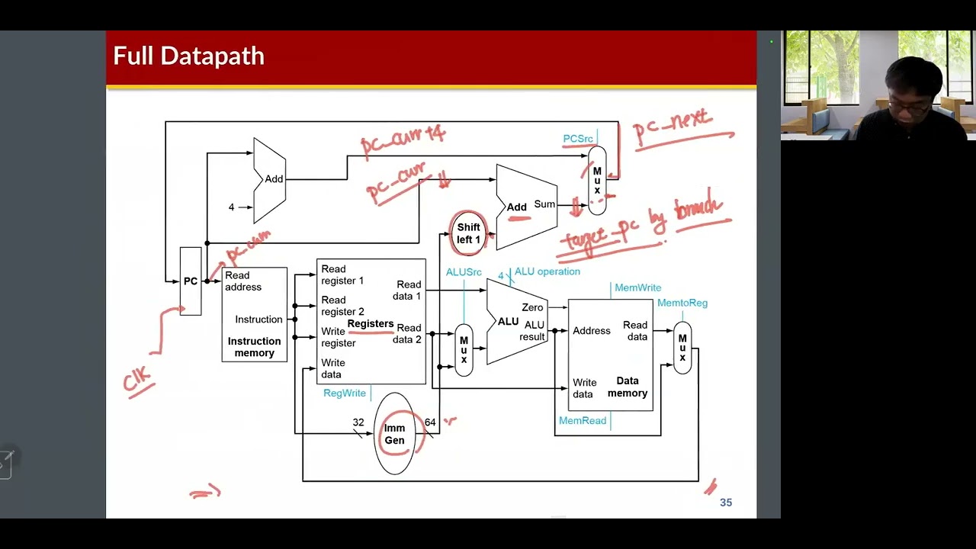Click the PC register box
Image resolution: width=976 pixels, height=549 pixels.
[x=191, y=281]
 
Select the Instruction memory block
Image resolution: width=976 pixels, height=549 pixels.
[x=254, y=314]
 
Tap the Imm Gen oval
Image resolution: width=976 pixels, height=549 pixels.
[x=394, y=434]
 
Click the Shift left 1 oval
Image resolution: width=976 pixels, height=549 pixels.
[x=468, y=233]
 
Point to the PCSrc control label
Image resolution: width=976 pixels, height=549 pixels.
[x=577, y=139]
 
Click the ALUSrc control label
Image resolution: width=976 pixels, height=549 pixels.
[x=464, y=272]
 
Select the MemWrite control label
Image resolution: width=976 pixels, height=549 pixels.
[x=637, y=287]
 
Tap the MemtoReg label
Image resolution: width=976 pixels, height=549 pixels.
[x=682, y=303]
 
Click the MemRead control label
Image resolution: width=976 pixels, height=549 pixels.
[x=583, y=420]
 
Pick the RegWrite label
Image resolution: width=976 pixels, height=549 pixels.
[x=345, y=393]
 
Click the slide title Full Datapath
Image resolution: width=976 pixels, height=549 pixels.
[x=188, y=56]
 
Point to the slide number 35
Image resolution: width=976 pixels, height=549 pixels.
[x=726, y=502]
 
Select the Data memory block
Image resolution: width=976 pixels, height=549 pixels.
[x=610, y=355]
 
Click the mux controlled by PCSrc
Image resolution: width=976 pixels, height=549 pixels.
[x=597, y=180]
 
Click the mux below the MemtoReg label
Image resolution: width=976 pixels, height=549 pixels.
[x=682, y=348]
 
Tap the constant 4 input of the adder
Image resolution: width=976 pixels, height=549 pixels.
[x=232, y=207]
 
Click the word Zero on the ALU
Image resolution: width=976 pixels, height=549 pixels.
[x=532, y=307]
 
